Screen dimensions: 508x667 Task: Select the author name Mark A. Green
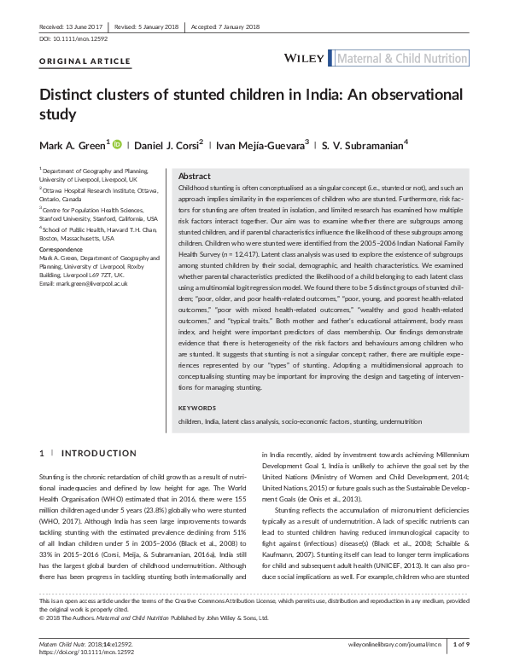pyautogui.click(x=72, y=145)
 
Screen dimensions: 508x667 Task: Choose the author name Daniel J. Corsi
pyautogui.click(x=166, y=145)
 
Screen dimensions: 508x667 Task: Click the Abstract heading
pyautogui.click(x=195, y=175)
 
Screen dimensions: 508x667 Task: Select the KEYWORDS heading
pyautogui.click(x=197, y=408)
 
